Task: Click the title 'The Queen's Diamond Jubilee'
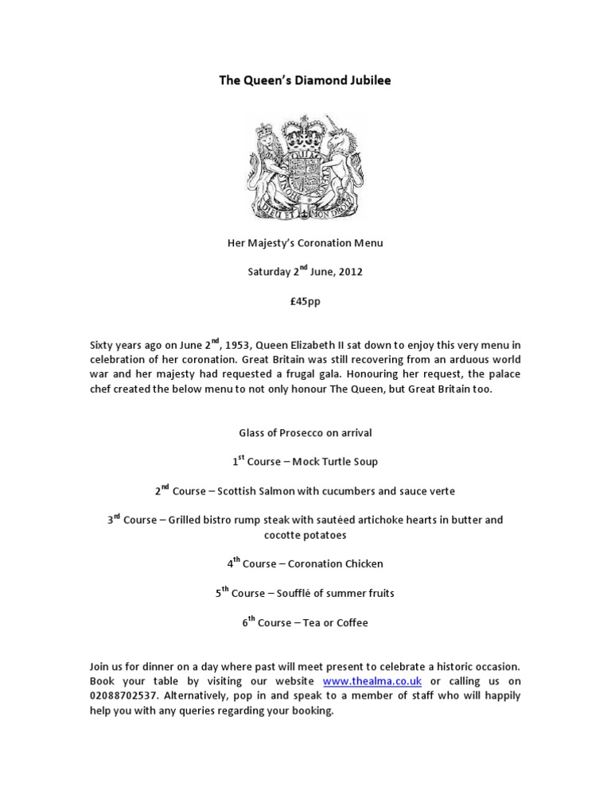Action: tap(305, 80)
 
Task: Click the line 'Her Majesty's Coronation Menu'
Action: tap(305, 242)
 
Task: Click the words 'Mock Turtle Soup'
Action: tap(335, 462)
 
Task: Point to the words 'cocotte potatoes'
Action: tap(305, 535)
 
